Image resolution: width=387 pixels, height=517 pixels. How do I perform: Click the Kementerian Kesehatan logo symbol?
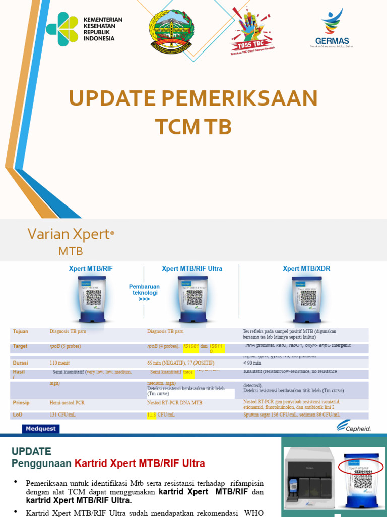pos(62,29)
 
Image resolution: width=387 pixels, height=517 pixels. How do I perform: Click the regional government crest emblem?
pos(171,32)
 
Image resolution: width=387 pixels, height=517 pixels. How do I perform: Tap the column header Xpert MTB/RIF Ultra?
pos(192,268)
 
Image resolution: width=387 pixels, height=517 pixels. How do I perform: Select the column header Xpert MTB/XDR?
pos(306,268)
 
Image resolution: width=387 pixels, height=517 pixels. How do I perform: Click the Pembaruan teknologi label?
pos(145,292)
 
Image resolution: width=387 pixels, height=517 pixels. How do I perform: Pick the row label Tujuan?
pos(21,331)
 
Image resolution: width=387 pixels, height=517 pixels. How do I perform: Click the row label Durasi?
pos(21,363)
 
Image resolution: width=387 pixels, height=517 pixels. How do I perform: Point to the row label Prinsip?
pos(21,403)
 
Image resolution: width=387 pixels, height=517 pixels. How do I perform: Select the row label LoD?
pos(18,415)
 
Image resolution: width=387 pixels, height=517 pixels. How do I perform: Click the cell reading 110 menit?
pos(59,363)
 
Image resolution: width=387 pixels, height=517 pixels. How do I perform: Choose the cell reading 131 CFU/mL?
pos(62,415)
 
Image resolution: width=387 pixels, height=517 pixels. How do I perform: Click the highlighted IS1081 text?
pos(191,346)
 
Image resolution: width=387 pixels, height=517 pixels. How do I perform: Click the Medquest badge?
pos(41,429)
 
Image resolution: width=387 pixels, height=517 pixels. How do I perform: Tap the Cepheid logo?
pos(354,427)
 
